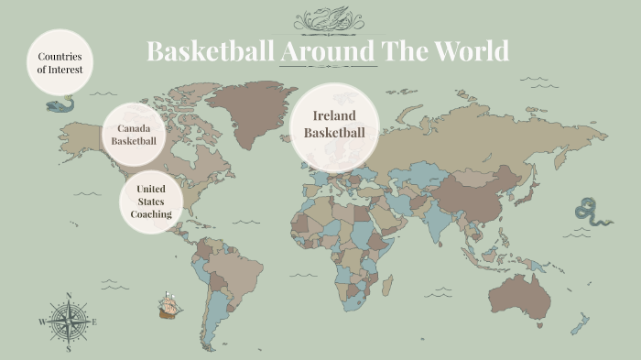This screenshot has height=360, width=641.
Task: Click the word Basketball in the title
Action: point(210,51)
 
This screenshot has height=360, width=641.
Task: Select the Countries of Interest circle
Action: point(60,62)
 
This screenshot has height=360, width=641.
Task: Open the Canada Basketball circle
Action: point(134,134)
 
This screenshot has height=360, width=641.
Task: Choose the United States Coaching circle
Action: point(151,202)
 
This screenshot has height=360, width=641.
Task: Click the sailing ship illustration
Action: point(168,305)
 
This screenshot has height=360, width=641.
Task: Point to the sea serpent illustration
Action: point(589,213)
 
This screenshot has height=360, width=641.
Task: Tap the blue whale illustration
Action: point(60,105)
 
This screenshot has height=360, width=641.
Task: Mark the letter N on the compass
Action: point(69,296)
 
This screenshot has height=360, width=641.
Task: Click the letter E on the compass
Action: point(93,322)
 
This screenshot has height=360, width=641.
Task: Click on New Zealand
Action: point(579,323)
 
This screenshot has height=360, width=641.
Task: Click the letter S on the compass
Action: point(69,348)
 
